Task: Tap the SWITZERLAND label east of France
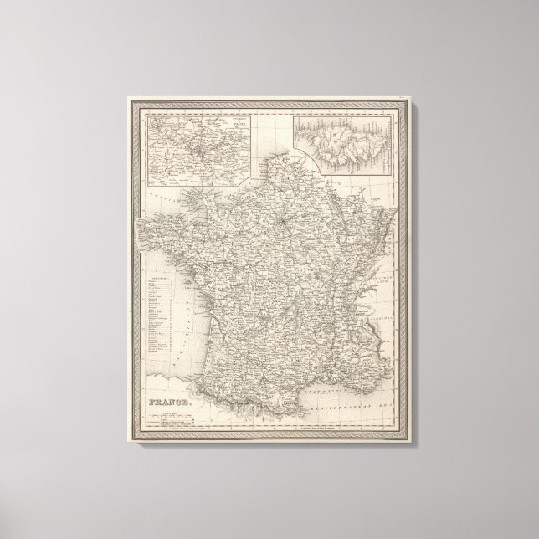(384, 273)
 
